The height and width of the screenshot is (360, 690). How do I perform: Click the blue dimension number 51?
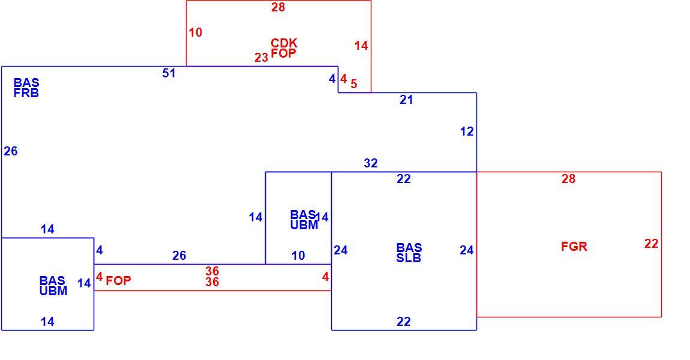[x=169, y=73]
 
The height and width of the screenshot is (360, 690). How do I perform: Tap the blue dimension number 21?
[x=406, y=100]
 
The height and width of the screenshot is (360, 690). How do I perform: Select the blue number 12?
[x=467, y=131]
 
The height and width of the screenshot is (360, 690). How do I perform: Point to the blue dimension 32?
[x=371, y=163]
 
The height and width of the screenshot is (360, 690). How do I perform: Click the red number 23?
[x=261, y=58]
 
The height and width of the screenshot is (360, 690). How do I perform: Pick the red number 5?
[x=354, y=83]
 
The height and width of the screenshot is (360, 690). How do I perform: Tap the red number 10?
[x=196, y=32]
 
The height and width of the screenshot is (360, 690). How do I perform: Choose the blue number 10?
[x=298, y=256]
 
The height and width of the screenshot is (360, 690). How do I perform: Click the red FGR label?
[x=574, y=247]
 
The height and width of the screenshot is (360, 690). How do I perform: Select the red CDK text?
[x=284, y=43]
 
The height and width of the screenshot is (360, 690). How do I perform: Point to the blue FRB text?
[x=26, y=93]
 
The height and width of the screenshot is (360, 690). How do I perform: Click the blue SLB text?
[x=409, y=258]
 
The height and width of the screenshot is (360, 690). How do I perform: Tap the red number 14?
[x=361, y=46]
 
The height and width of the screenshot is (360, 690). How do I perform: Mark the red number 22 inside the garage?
[x=651, y=244]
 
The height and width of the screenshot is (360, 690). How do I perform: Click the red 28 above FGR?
[x=569, y=179]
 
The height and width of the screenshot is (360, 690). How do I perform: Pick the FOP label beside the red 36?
[x=118, y=281]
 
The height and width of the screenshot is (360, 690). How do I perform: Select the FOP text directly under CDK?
[x=283, y=53]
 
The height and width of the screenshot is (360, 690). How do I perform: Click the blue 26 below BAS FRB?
[x=11, y=151]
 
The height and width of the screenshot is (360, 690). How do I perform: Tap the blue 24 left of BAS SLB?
[x=341, y=250]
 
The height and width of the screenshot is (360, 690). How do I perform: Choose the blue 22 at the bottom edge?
[x=404, y=322]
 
